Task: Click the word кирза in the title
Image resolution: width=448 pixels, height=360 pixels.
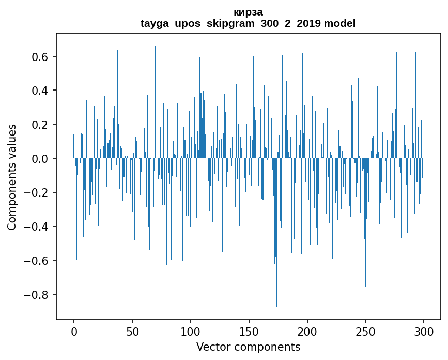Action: [248, 12]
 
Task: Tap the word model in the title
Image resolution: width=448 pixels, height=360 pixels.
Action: [339, 24]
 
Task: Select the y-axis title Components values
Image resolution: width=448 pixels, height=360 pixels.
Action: [12, 177]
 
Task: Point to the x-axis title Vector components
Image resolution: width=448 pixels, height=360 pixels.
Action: [248, 347]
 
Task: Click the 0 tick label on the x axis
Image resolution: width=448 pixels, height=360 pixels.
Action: [74, 331]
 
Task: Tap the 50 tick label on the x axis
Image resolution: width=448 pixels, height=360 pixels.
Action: [132, 331]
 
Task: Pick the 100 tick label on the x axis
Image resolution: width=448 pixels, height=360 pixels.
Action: [191, 331]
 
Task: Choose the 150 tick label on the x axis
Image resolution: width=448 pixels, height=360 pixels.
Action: [249, 331]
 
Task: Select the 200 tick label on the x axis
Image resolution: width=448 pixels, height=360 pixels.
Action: [307, 331]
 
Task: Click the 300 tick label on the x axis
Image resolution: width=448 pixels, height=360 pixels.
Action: [424, 331]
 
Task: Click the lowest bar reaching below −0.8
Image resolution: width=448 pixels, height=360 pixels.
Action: [277, 290]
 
